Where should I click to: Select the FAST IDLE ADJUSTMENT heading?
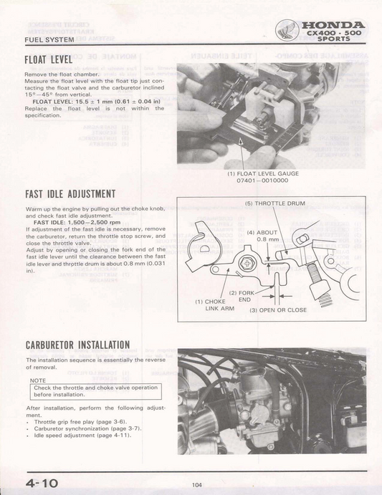[71, 193]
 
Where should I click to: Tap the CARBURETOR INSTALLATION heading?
[77, 345]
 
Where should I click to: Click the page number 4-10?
[42, 484]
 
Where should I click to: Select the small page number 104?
[196, 485]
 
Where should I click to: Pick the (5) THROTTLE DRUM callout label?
[274, 203]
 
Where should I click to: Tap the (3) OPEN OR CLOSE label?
[278, 309]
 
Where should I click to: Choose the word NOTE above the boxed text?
[40, 381]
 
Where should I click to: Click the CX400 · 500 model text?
[335, 33]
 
